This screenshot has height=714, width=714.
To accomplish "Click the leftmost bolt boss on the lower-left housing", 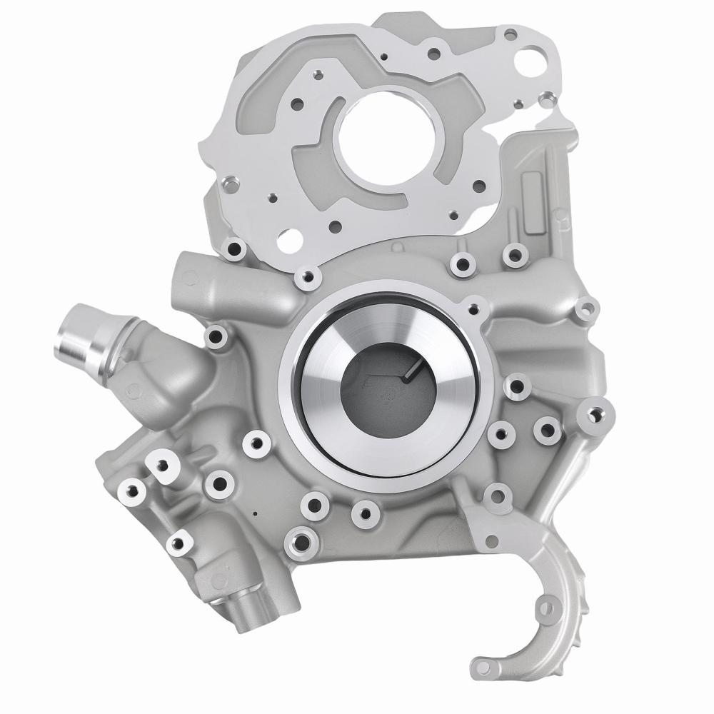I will (x=131, y=491).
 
